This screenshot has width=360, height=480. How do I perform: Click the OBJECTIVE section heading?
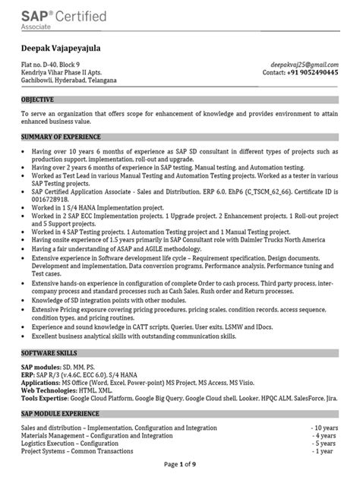(38, 99)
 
